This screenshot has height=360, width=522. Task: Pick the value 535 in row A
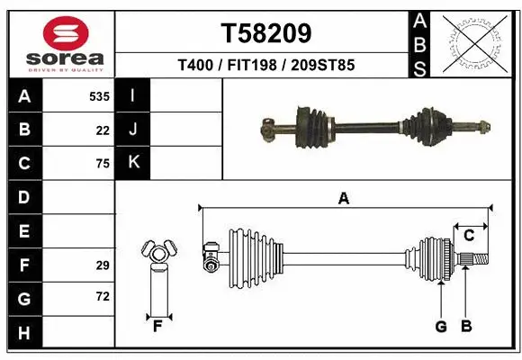click(x=100, y=96)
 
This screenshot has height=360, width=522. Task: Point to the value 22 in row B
click(x=103, y=130)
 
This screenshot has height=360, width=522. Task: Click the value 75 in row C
click(x=103, y=164)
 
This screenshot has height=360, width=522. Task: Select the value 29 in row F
click(x=103, y=265)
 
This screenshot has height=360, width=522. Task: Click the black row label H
click(x=23, y=334)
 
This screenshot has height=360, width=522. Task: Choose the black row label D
click(x=23, y=197)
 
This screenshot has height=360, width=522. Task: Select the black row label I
click(x=133, y=96)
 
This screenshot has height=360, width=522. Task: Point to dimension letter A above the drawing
click(x=343, y=199)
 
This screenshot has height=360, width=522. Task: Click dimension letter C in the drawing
click(x=469, y=236)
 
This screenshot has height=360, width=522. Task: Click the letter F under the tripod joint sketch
click(x=157, y=326)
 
